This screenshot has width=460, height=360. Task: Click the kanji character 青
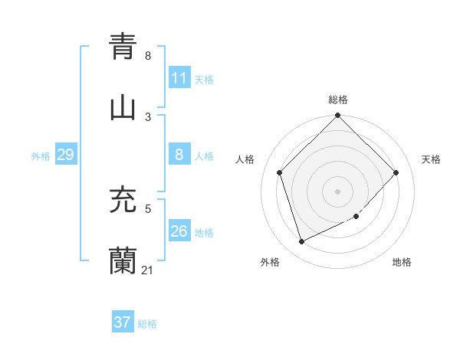123,46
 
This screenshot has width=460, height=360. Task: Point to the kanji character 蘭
123,260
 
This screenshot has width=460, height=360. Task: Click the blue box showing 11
179,78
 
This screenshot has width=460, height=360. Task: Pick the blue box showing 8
179,155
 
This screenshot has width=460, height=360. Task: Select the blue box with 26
179,231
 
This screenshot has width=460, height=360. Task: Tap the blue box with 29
65,155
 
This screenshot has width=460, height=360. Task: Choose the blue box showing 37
122,323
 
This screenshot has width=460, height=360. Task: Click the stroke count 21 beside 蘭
147,270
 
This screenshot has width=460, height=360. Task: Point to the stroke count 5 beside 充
148,208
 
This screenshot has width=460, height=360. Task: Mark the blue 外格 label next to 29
41,156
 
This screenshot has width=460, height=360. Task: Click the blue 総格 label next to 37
147,324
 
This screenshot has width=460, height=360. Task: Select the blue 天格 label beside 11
204,80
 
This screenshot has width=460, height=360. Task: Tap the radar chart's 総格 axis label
338,100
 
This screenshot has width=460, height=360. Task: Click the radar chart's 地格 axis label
402,262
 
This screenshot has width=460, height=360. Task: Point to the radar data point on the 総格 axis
338,116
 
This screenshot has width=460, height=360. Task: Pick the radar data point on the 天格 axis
396,172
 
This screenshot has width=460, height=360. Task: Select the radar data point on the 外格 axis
302,242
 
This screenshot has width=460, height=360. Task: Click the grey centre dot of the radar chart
338,191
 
